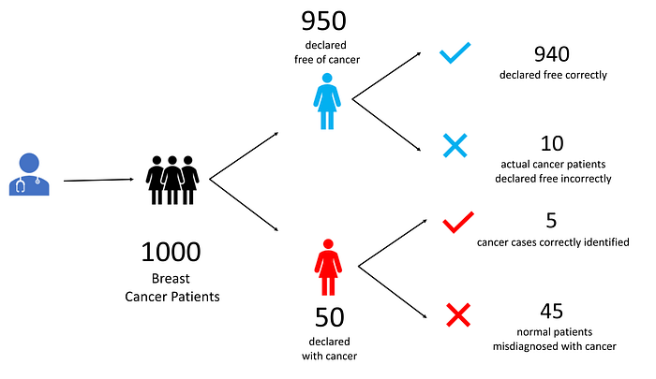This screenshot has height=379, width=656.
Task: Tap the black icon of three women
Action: point(173,179)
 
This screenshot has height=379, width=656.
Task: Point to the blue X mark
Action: point(455,145)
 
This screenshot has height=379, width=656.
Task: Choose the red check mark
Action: point(458,222)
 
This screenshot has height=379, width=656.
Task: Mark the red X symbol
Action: point(457,314)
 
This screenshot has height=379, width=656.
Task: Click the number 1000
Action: point(171,253)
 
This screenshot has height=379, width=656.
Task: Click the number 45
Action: point(551,311)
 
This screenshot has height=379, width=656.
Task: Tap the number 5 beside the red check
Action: point(551,221)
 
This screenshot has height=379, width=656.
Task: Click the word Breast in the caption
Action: point(171,279)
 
